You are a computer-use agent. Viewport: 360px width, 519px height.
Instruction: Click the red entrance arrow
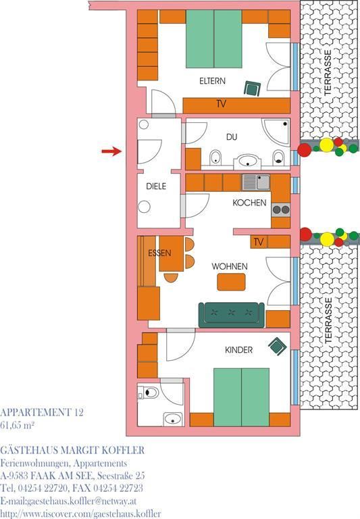click(112, 151)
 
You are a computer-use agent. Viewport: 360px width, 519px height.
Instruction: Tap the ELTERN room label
click(212, 81)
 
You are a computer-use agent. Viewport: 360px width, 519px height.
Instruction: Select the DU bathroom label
click(232, 137)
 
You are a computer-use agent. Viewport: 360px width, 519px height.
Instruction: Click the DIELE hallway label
click(156, 186)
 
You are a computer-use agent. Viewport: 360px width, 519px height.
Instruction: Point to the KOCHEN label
click(249, 202)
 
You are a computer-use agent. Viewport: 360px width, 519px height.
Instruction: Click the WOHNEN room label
click(229, 266)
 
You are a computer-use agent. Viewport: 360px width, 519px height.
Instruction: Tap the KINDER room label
click(238, 350)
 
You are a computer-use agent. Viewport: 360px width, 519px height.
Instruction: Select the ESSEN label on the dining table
click(159, 253)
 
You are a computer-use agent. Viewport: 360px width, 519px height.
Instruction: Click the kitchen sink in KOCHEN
click(256, 182)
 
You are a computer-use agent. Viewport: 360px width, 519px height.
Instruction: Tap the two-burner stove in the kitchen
click(281, 210)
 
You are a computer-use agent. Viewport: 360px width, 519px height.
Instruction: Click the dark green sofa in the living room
click(231, 315)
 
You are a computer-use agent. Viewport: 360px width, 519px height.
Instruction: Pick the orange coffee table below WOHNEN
click(231, 282)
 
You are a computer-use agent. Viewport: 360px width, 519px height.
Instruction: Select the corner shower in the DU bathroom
click(277, 131)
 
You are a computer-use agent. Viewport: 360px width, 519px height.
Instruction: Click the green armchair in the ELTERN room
click(253, 89)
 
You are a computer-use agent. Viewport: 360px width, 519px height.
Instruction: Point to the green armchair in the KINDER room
click(278, 346)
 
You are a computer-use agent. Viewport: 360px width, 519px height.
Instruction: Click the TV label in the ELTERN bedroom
click(222, 104)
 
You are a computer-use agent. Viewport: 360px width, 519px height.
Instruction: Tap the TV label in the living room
click(259, 242)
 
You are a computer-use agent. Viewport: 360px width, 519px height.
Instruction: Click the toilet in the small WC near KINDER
click(149, 393)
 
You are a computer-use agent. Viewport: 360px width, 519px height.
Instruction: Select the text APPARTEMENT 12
click(42, 412)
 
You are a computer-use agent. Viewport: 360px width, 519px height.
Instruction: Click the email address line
click(68, 501)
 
